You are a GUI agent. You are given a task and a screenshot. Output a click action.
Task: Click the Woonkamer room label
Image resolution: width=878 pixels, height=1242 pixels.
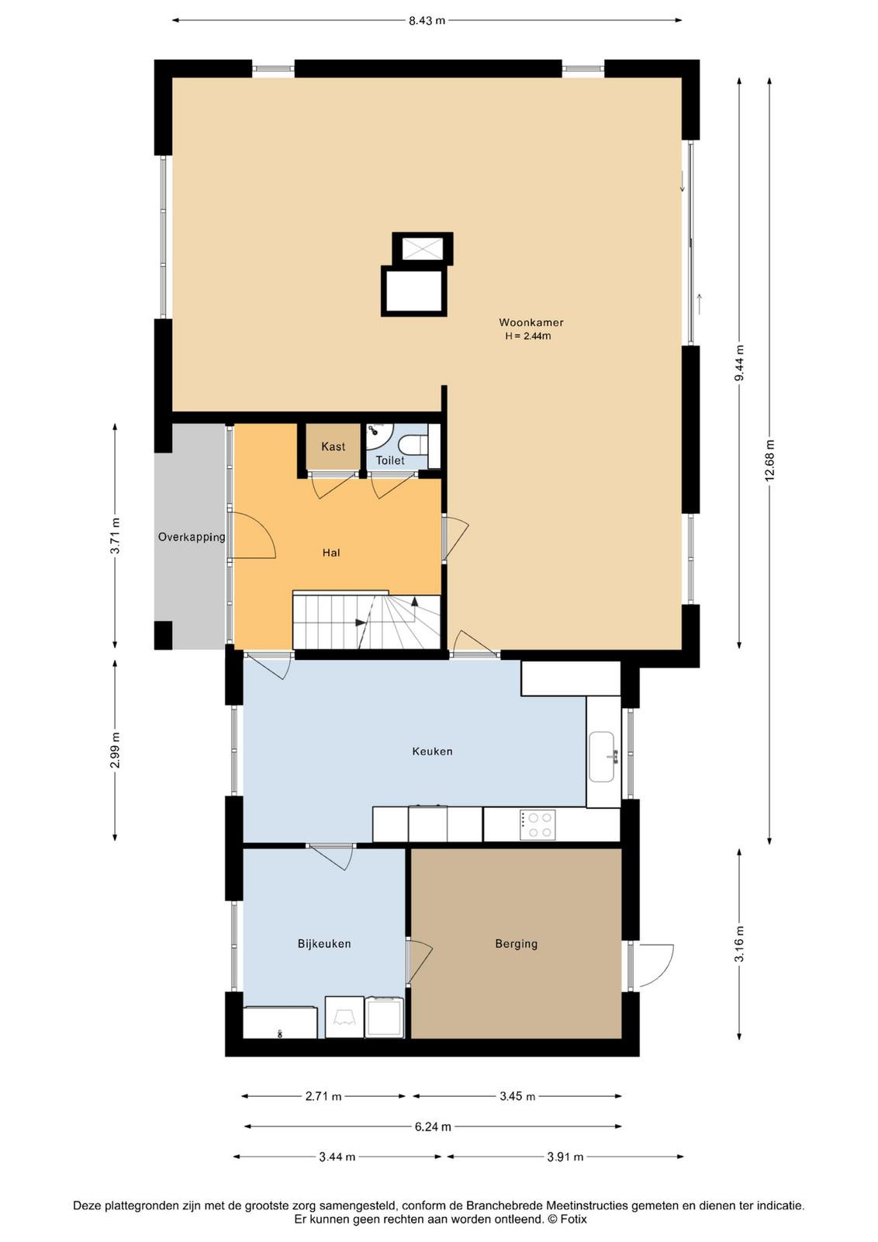click(x=531, y=322)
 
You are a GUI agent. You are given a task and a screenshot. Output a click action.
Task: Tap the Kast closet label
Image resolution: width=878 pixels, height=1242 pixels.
click(x=333, y=446)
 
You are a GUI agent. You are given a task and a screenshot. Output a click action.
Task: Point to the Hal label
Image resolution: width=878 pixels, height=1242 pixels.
click(x=331, y=553)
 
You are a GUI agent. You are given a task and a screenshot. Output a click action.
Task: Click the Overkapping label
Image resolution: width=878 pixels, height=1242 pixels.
click(x=192, y=536)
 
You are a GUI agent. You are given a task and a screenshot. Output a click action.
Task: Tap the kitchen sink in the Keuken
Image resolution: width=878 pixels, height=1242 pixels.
click(x=603, y=756)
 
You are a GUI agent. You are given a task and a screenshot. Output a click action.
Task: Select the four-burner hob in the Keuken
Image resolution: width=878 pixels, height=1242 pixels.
click(x=538, y=825)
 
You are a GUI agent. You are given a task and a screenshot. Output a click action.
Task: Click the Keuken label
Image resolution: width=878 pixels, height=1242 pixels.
click(x=432, y=751)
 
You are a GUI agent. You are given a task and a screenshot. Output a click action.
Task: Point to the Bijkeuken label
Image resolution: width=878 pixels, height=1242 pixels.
click(x=324, y=944)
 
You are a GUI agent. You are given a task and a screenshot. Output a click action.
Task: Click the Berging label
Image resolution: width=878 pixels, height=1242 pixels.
click(x=517, y=944)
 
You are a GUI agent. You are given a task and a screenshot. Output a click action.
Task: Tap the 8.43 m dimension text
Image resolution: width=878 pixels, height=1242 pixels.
click(x=427, y=21)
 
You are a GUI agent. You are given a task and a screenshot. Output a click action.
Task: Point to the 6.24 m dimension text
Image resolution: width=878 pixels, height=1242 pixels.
click(x=433, y=1126)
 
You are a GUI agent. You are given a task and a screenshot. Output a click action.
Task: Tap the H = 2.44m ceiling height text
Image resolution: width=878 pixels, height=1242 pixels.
click(x=528, y=336)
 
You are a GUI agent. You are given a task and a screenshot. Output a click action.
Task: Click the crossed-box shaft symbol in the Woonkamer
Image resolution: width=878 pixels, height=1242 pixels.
click(x=423, y=248)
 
